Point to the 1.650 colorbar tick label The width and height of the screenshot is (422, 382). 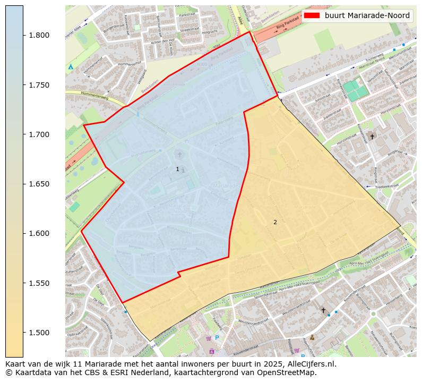(39, 184)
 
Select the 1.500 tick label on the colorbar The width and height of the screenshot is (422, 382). (39, 333)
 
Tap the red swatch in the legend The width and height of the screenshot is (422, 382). (312, 16)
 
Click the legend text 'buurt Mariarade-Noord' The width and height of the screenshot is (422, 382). (367, 16)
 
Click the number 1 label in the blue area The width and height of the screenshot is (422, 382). (177, 169)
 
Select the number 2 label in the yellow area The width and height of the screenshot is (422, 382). (275, 222)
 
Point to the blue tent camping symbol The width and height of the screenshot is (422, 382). (71, 67)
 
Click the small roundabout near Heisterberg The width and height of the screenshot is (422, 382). (373, 313)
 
